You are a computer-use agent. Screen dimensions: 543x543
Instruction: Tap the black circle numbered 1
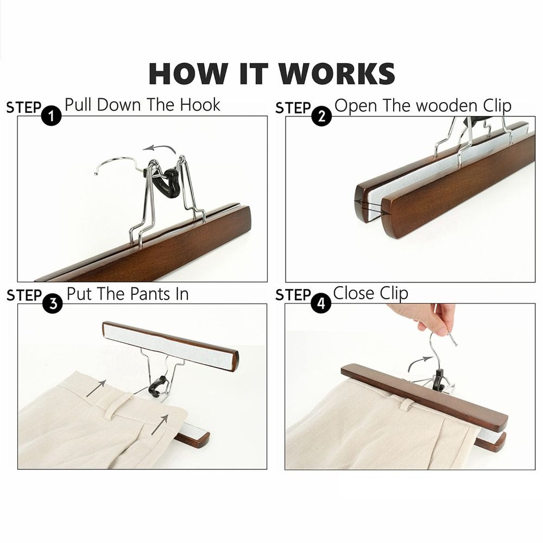(x=51, y=116)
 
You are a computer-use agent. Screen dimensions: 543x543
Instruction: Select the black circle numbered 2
(x=321, y=116)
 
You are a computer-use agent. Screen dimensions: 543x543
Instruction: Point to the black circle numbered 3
(x=53, y=304)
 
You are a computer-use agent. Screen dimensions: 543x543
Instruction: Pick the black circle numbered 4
(x=321, y=304)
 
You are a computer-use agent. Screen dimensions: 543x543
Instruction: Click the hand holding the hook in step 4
(x=426, y=318)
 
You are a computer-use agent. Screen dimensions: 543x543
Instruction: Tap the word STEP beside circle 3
(x=24, y=296)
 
